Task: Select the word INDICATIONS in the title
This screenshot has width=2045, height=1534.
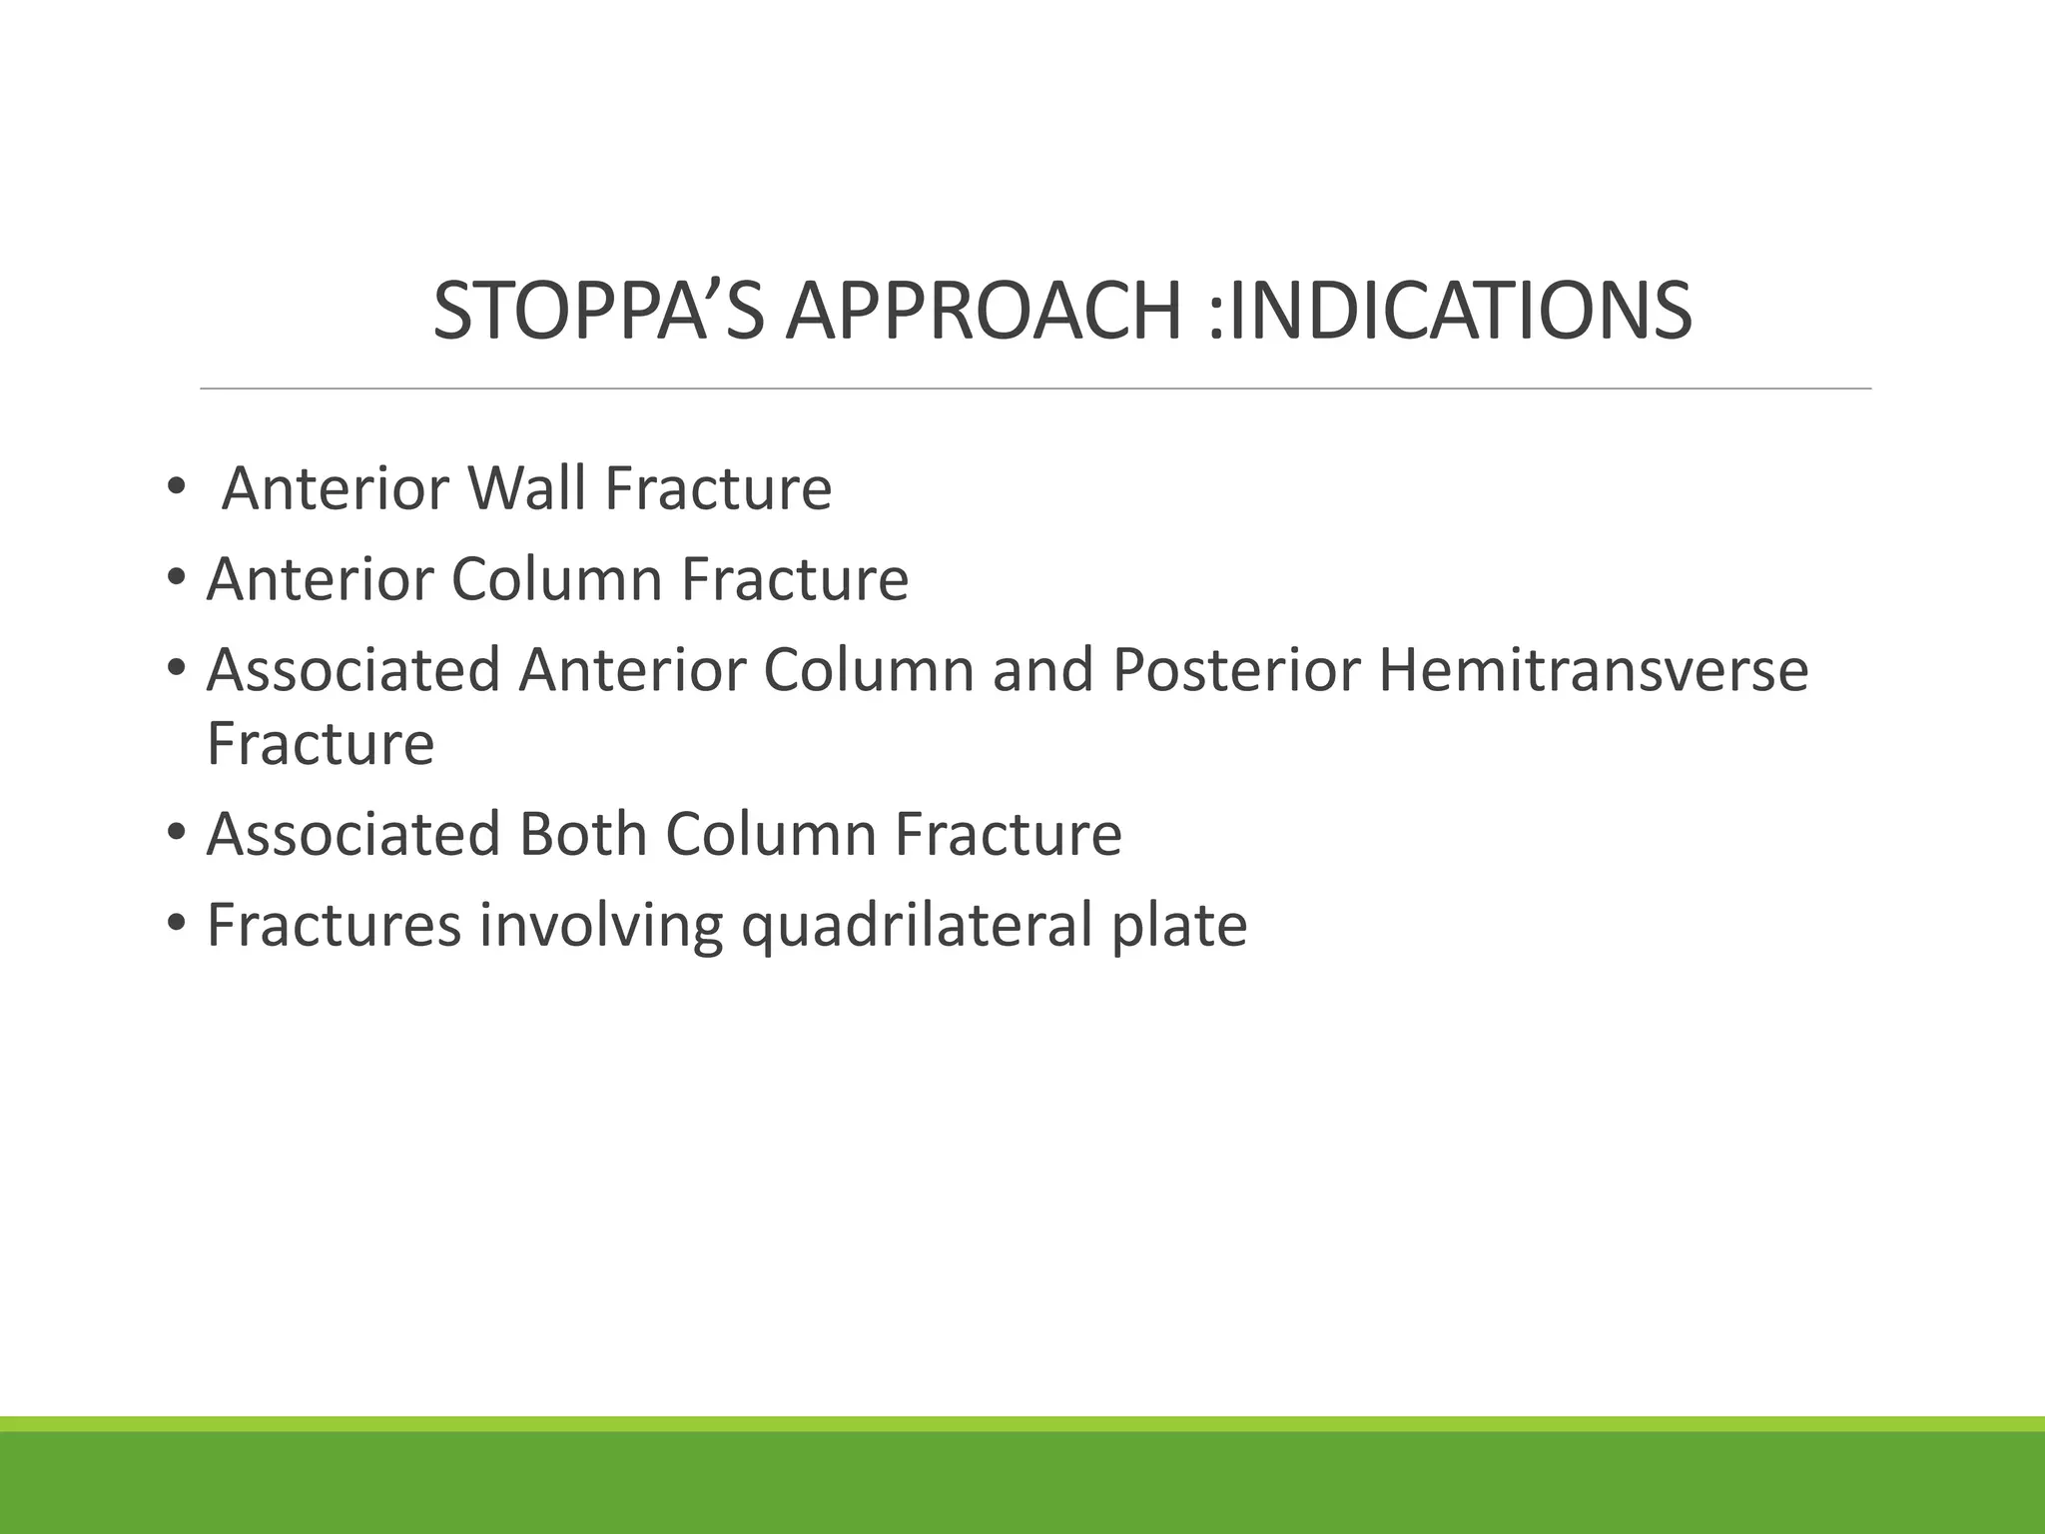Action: coord(1460,311)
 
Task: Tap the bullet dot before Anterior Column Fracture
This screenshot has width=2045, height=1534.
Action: coord(176,579)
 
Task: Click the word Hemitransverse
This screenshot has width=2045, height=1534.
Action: coord(1593,670)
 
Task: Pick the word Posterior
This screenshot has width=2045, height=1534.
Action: coord(1236,670)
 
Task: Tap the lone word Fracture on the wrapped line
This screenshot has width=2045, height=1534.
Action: coord(321,743)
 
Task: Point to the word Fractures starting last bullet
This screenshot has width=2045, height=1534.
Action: coord(334,925)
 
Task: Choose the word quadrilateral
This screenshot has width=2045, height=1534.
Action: coord(917,925)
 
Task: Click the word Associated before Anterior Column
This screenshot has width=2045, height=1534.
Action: coord(352,670)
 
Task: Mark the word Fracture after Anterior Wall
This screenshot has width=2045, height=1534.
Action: coord(717,488)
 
